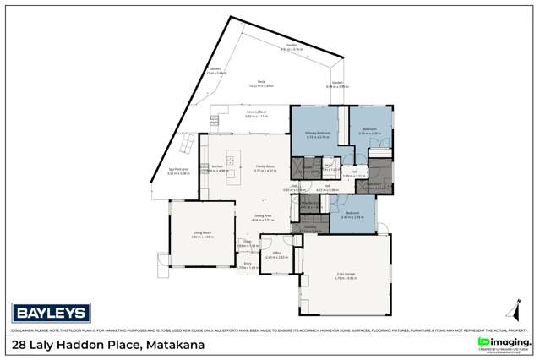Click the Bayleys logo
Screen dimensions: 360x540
click(40, 310)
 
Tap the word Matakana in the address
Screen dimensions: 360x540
click(176, 346)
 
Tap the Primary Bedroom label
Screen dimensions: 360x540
click(316, 134)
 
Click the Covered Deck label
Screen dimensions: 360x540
click(256, 113)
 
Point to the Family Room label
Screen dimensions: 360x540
click(265, 167)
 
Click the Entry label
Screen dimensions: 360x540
click(248, 264)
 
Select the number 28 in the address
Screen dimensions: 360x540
click(19, 346)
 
